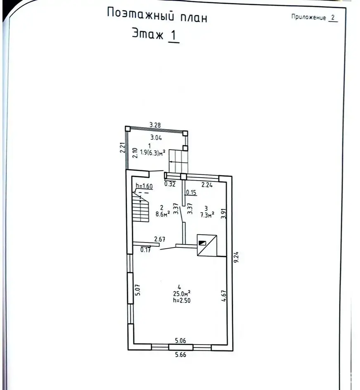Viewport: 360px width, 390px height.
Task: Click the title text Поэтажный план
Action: (x=157, y=15)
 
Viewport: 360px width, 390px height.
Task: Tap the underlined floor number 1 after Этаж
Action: (x=173, y=35)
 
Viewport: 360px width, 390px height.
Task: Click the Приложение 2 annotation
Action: (x=315, y=17)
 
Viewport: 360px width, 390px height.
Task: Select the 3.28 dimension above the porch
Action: (x=155, y=125)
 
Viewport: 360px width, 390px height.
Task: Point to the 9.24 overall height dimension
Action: (x=236, y=257)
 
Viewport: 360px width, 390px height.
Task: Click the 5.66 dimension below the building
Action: (x=180, y=354)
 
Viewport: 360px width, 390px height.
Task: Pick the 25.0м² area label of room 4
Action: (x=182, y=293)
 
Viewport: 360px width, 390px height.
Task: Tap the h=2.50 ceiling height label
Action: (x=182, y=300)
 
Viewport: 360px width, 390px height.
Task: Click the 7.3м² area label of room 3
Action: (x=207, y=215)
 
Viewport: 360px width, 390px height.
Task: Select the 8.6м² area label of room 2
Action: (x=163, y=214)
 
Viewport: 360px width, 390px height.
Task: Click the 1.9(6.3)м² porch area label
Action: (x=153, y=152)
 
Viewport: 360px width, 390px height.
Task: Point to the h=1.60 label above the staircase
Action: (x=144, y=186)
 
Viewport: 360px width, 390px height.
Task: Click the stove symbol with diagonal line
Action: (x=207, y=245)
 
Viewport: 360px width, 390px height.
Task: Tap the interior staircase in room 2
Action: (x=140, y=207)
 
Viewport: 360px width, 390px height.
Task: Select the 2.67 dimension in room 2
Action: (x=160, y=239)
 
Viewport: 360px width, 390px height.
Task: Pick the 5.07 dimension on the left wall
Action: (x=138, y=290)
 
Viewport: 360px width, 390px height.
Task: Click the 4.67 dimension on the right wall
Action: (x=224, y=296)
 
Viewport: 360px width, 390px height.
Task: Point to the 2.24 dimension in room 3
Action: (x=207, y=185)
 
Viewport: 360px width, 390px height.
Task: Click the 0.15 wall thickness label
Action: (x=191, y=192)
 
